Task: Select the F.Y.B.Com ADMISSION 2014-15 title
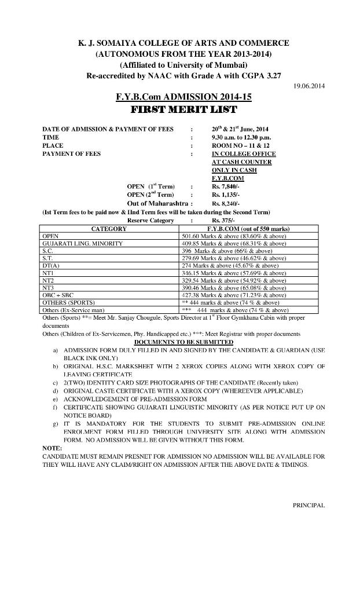pos(184,97)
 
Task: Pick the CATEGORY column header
pos(109,229)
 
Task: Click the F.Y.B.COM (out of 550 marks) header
pos(248,229)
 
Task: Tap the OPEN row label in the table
pos(51,236)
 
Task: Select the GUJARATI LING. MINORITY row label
pos(83,244)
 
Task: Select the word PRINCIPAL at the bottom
pos(308,506)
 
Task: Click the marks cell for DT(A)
pos(230,266)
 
